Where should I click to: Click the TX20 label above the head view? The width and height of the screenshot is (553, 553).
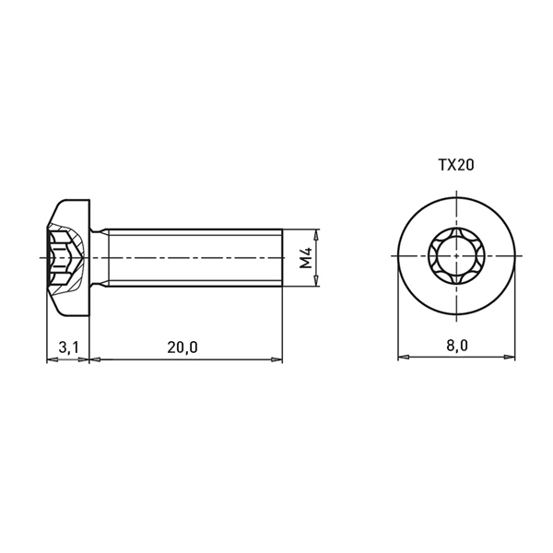coord(456,165)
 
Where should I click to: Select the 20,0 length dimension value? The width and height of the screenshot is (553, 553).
coord(182,347)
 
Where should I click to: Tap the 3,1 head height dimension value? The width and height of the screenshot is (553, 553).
coord(68,347)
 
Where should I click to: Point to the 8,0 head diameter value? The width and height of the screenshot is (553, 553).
coord(457,346)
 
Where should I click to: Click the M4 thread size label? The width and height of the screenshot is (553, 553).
coord(306,257)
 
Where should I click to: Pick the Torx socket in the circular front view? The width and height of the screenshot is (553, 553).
coord(457,255)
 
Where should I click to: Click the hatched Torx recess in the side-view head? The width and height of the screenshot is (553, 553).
coord(66,258)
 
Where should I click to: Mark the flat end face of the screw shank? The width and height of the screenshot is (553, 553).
coord(282,257)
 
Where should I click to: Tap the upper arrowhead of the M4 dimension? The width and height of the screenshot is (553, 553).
coord(317,233)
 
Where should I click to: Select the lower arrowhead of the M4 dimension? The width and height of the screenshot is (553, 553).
coord(317,281)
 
